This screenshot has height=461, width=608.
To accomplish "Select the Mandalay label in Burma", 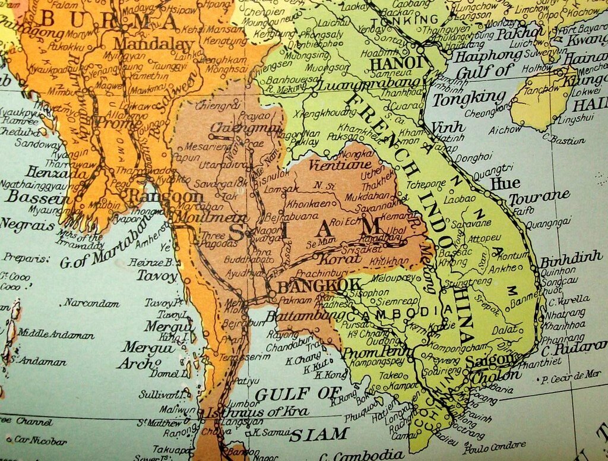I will pos(153,45).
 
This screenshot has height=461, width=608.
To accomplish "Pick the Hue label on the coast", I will pos(505,184).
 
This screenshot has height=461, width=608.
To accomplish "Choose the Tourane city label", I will pos(539,197).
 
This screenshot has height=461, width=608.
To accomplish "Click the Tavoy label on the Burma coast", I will pos(157,276).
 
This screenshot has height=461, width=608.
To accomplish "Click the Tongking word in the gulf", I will pos(468,97).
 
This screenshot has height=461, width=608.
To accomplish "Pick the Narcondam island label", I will pos(92,303).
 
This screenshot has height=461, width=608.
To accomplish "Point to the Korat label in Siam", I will pos(332,259).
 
